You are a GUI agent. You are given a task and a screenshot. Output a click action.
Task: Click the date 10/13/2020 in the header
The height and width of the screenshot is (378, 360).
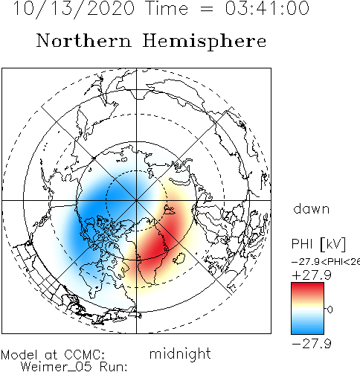(x=74, y=9)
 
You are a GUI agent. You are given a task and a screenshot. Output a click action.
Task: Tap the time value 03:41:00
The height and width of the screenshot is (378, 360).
(x=267, y=8)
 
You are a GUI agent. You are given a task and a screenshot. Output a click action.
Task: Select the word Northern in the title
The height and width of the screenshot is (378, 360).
(x=84, y=41)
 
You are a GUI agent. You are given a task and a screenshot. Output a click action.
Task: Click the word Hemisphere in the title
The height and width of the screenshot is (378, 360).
(x=205, y=42)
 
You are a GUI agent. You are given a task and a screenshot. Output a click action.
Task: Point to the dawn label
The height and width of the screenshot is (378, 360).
(x=312, y=208)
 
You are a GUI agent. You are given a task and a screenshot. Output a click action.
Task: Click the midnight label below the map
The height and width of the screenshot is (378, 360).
(x=180, y=353)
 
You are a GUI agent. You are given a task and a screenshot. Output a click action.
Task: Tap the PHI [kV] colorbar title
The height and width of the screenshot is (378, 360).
(x=318, y=244)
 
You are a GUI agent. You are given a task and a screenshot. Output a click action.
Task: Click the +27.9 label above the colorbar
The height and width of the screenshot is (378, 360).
(x=312, y=275)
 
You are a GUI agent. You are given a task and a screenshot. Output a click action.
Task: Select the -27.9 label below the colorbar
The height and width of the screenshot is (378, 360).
(x=312, y=344)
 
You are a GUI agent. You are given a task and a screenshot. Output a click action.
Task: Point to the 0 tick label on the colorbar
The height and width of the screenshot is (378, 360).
(x=330, y=310)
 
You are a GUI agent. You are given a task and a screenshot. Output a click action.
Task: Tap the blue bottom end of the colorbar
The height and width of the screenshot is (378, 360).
(x=307, y=330)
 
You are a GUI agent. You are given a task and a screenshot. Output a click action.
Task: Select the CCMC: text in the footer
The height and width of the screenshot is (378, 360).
(x=85, y=354)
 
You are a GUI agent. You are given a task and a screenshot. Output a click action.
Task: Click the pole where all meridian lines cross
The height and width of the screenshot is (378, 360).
(x=136, y=200)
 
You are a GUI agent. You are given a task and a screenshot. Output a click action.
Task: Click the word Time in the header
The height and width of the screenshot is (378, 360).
(x=167, y=8)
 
